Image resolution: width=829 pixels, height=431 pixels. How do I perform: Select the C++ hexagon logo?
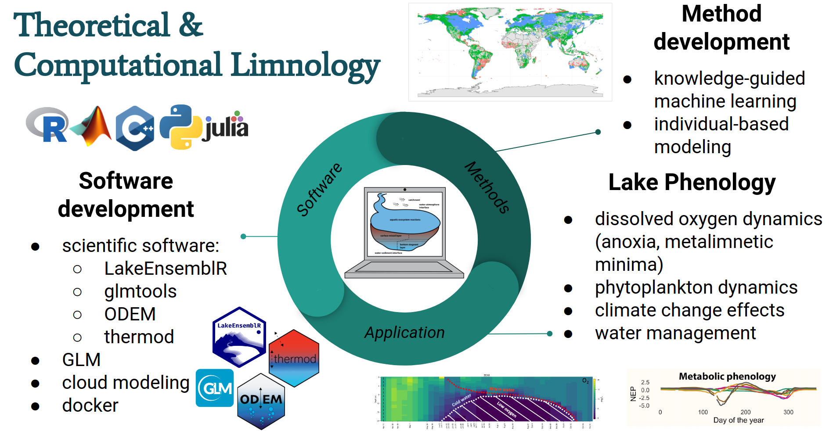(135, 128)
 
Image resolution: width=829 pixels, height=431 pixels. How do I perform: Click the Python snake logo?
(180, 127)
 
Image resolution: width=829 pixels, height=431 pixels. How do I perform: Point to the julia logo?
(226, 127)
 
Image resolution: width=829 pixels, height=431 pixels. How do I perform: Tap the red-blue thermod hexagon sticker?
(294, 358)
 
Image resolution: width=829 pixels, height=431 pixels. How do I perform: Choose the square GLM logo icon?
(215, 388)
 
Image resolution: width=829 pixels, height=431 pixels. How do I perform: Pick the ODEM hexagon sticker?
(261, 401)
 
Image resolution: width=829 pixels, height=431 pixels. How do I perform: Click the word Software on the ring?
(319, 189)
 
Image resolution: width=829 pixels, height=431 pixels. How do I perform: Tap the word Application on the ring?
(404, 333)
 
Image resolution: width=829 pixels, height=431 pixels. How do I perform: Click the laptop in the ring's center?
(404, 233)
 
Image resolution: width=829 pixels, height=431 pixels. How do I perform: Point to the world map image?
(510, 52)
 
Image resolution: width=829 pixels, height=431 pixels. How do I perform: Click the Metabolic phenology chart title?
(727, 376)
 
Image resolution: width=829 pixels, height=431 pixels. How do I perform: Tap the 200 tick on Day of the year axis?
(746, 412)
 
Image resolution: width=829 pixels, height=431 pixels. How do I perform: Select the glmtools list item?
(141, 291)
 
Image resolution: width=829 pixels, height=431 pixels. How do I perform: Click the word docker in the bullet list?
(90, 406)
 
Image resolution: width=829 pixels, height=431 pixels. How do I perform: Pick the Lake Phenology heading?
(692, 183)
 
